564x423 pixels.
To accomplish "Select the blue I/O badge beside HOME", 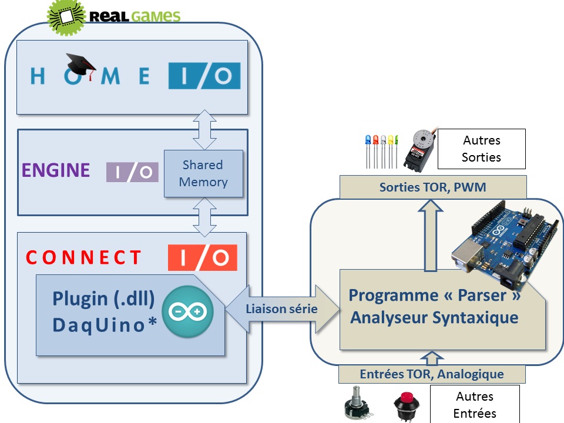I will [204, 76].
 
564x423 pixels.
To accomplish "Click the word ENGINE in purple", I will [56, 170].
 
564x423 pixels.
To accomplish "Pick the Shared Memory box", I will [203, 173].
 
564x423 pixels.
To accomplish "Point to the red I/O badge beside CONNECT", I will [203, 257].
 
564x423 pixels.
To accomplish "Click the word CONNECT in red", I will [84, 258].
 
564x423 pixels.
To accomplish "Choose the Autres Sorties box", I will [481, 149].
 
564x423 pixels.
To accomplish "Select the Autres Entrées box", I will [474, 405].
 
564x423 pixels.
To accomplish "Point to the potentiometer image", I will [357, 405].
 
